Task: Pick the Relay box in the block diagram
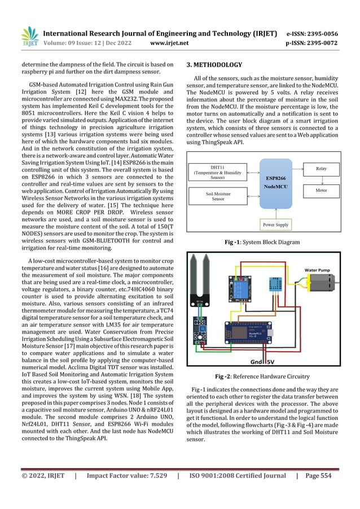[321, 168]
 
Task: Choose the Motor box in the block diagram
[321, 191]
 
